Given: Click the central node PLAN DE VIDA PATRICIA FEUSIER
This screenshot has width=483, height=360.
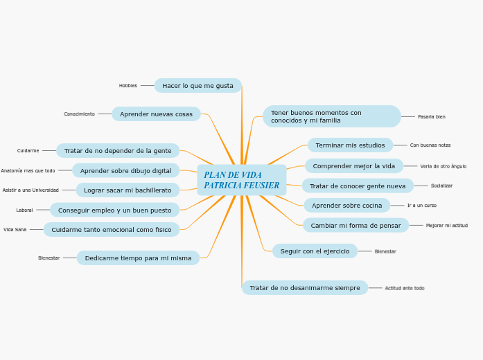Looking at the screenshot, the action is (241, 180).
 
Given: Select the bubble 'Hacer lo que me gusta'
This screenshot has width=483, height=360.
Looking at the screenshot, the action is (197, 86).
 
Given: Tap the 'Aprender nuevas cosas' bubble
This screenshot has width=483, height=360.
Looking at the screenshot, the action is (156, 114).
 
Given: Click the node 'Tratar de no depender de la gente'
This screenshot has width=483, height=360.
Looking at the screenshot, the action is (118, 151).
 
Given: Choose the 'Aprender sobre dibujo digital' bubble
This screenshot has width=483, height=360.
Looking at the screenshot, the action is (125, 171).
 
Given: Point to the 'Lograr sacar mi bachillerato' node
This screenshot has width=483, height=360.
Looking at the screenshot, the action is (128, 190).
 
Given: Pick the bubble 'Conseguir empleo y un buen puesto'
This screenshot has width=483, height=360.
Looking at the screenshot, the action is (114, 210).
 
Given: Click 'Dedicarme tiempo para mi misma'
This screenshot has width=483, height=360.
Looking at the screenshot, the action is (138, 258).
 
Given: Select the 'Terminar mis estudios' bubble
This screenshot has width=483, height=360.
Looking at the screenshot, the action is (350, 145).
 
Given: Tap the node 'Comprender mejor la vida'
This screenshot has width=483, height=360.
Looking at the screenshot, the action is (353, 166).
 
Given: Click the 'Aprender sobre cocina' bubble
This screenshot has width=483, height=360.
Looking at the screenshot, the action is (346, 206).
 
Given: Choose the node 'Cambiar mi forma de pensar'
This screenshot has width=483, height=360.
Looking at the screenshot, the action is (355, 226).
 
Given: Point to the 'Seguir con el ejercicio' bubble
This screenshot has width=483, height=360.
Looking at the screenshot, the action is (315, 251).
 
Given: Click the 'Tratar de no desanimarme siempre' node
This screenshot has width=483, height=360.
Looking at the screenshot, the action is (305, 288).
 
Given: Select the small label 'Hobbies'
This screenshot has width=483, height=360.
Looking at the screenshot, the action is (128, 86).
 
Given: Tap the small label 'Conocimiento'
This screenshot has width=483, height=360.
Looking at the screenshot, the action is (79, 114).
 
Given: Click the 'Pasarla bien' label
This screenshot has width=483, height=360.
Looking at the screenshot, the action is (432, 117).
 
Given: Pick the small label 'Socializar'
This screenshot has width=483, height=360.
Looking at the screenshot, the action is (441, 186).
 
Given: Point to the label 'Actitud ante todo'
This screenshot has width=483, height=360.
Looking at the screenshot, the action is (405, 288).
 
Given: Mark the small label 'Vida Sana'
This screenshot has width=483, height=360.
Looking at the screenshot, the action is (15, 230).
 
